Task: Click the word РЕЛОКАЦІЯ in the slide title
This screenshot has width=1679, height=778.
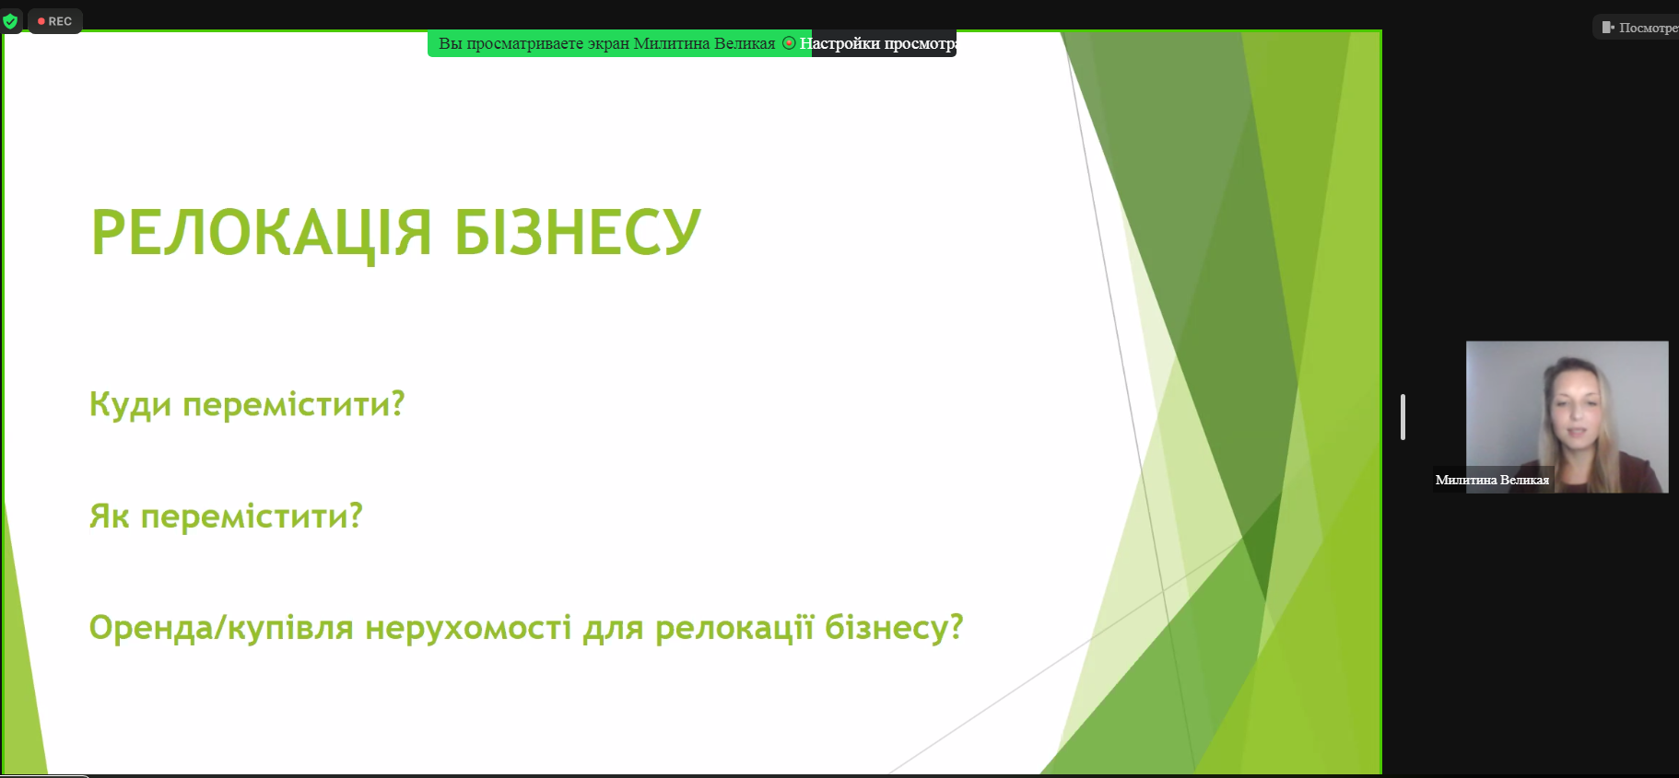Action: point(261,232)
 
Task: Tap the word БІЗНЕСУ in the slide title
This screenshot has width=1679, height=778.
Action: point(578,232)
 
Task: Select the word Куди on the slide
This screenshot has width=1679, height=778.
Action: point(130,405)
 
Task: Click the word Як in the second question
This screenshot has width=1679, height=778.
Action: point(109,516)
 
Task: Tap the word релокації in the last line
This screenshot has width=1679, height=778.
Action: point(734,628)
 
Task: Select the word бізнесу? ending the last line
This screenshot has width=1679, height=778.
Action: point(894,628)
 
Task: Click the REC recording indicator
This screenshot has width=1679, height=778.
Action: point(55,21)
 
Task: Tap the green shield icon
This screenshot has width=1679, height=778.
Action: point(11,21)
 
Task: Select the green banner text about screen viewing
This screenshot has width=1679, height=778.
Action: point(606,43)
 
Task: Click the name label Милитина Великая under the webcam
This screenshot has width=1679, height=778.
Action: point(1492,480)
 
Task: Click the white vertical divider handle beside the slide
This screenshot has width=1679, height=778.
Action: point(1403,417)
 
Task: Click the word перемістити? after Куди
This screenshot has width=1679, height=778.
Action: point(294,405)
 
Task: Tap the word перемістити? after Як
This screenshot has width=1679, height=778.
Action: point(252,517)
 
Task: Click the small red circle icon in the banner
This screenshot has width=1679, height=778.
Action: point(789,43)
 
